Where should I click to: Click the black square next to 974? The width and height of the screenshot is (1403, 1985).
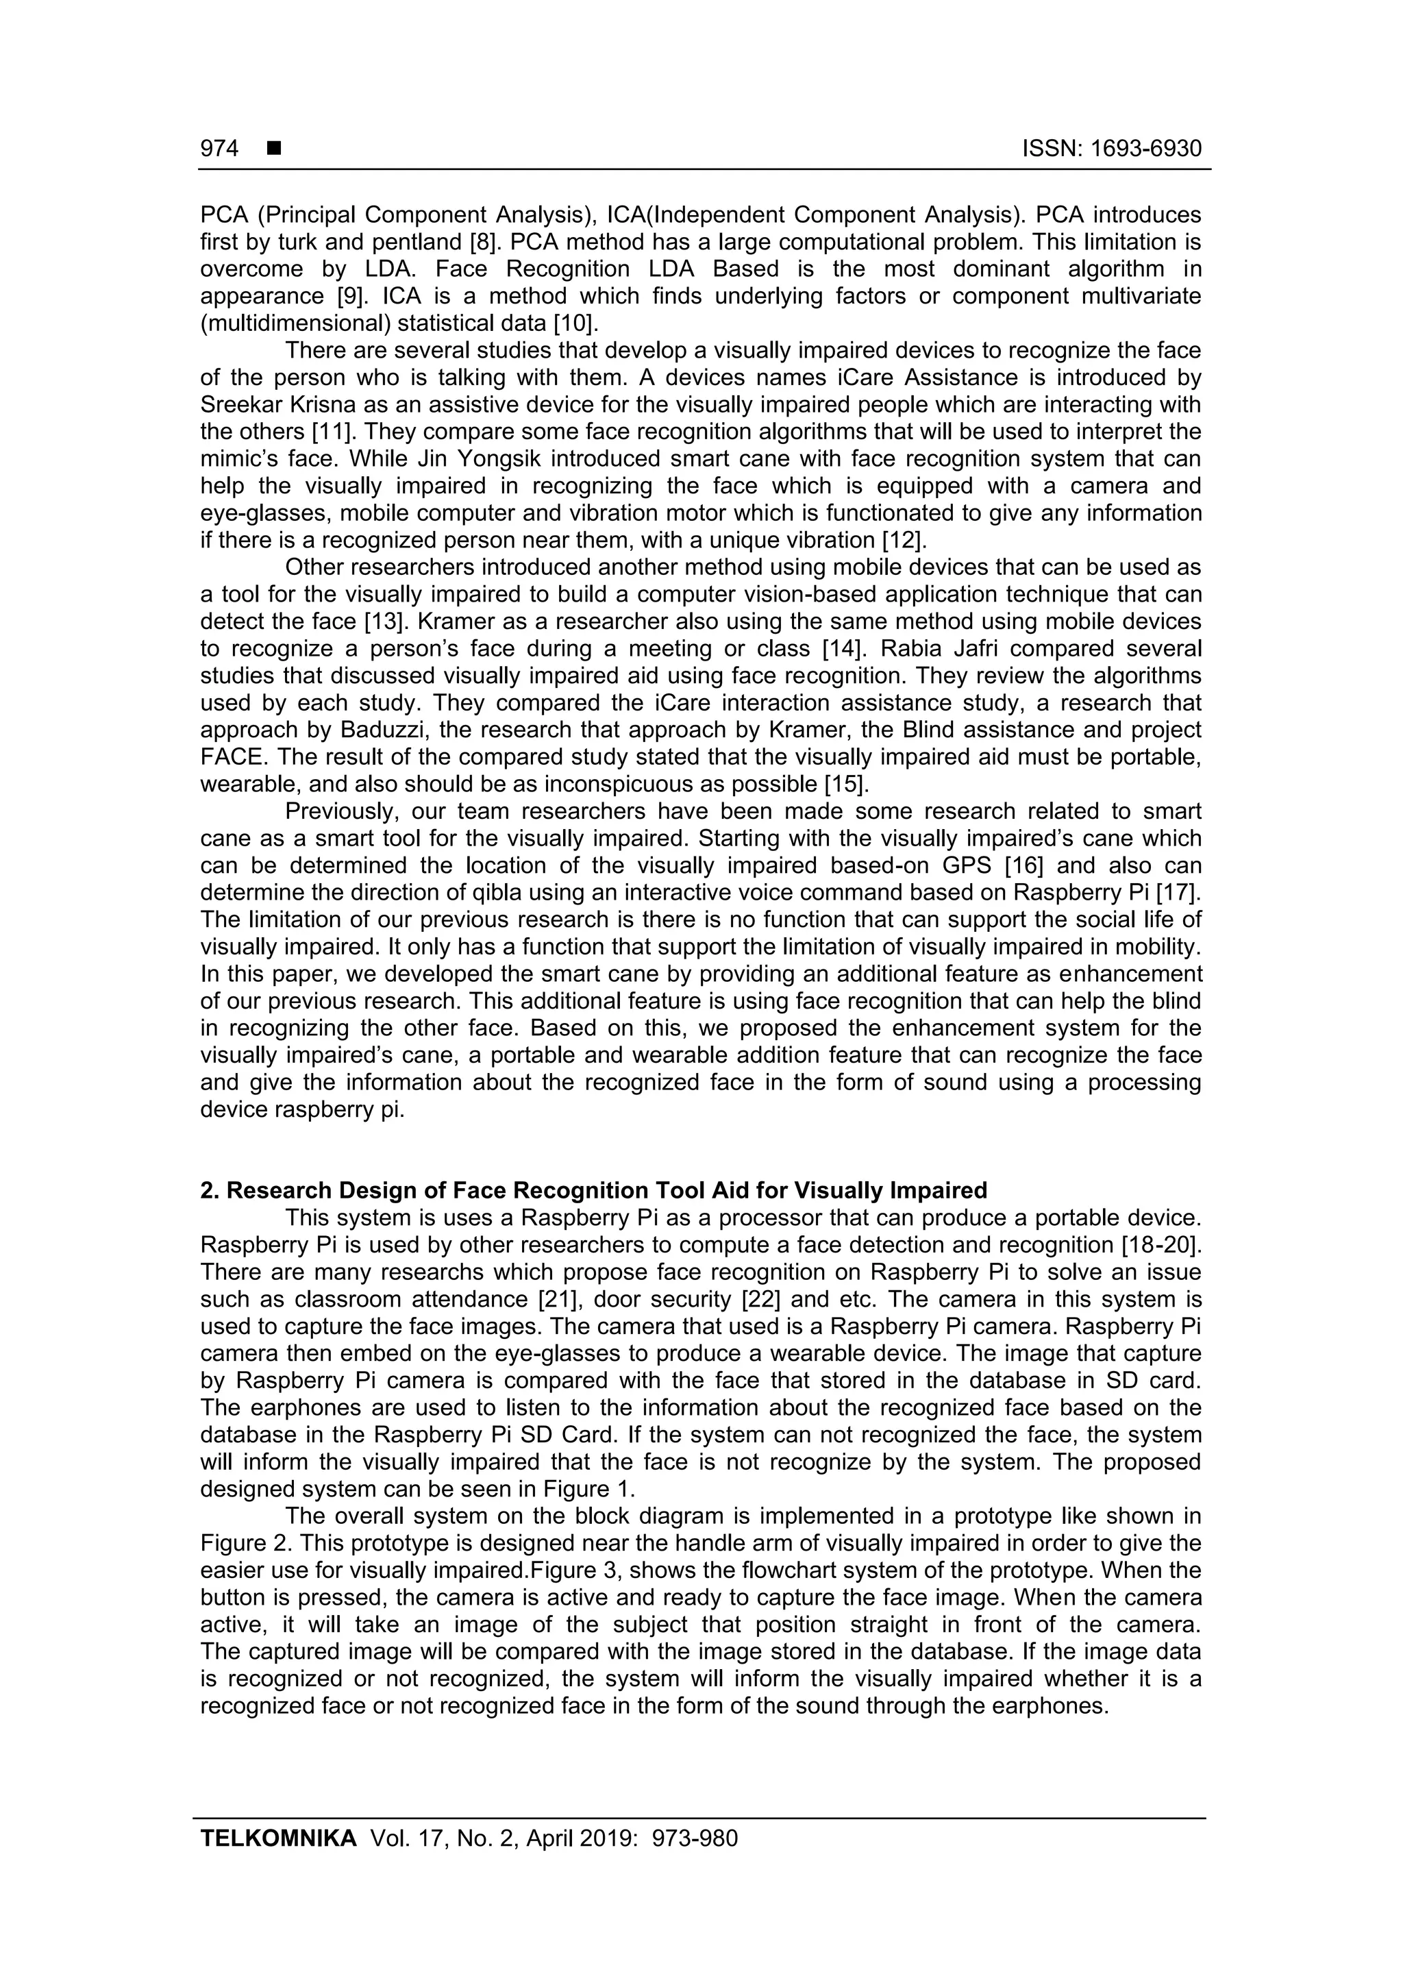pyautogui.click(x=274, y=149)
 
